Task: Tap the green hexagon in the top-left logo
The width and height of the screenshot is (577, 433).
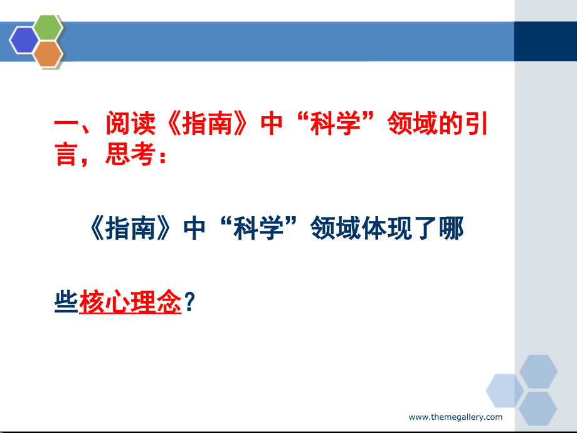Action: pyautogui.click(x=48, y=28)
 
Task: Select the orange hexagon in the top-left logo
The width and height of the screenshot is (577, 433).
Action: pyautogui.click(x=48, y=54)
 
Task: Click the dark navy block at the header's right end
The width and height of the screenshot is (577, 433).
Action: pyautogui.click(x=545, y=41)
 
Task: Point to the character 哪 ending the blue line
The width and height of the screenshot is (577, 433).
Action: pyautogui.click(x=451, y=230)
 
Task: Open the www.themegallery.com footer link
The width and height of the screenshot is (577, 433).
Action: pyautogui.click(x=455, y=417)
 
